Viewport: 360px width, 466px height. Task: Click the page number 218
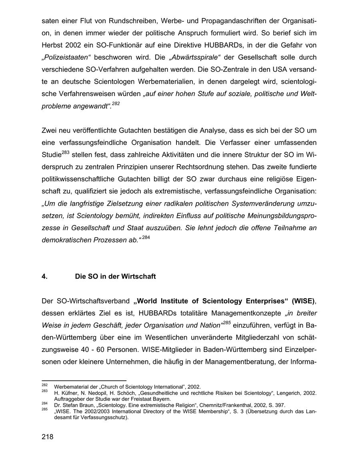(47, 437)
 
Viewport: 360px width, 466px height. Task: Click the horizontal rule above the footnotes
(84, 381)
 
